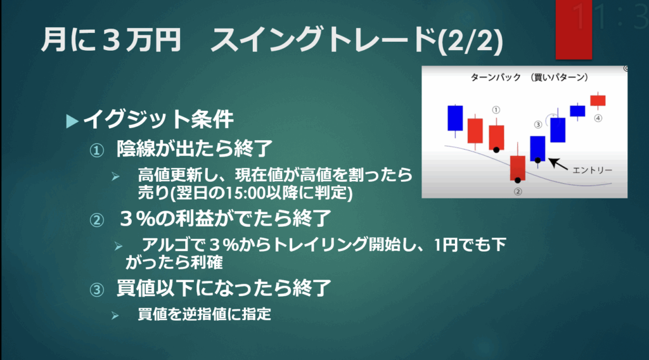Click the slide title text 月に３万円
pos(111,40)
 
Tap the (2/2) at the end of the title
pos(470,41)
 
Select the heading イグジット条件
pos(158,120)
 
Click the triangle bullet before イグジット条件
pos(72,121)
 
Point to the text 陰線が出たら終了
pos(195,148)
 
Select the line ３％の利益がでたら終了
pos(225,218)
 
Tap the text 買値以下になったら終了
pos(224,288)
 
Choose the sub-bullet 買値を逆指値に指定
pos(205,314)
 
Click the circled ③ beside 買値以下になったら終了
pos(97,290)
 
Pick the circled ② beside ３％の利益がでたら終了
pos(97,220)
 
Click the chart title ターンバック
pos(496,77)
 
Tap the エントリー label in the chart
pos(592,170)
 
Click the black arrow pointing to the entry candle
pos(558,164)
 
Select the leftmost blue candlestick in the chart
pos(455,119)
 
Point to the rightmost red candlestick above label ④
pos(598,100)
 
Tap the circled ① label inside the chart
pos(496,110)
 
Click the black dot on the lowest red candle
pos(517,181)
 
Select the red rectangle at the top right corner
pos(574,29)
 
